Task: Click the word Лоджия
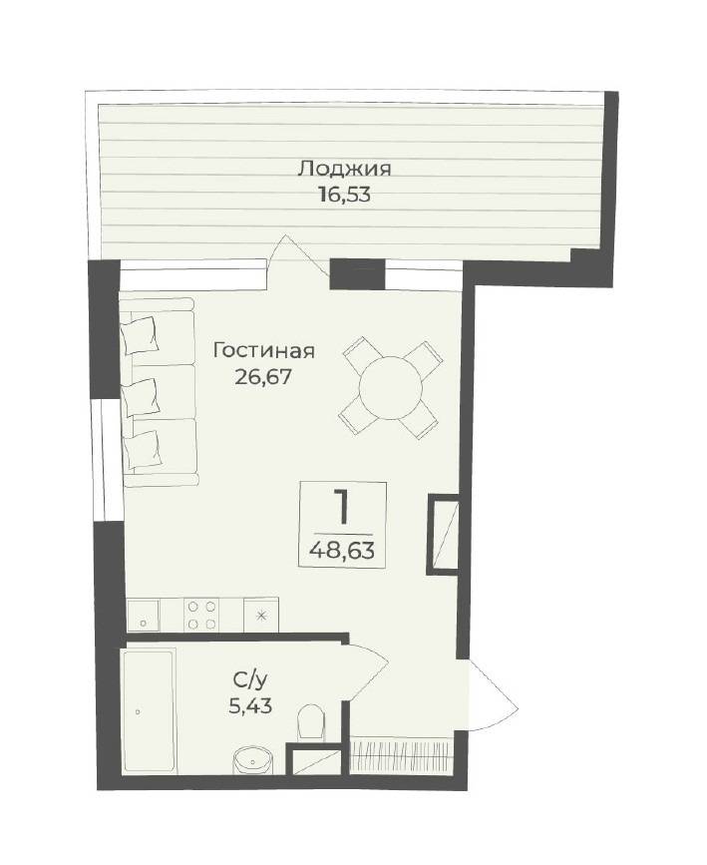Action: (x=344, y=168)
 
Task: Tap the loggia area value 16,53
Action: (x=344, y=195)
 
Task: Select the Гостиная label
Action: (x=264, y=350)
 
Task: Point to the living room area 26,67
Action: (x=262, y=377)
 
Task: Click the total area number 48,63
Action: (x=342, y=550)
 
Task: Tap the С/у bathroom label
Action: (x=250, y=681)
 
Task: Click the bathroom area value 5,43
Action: (x=250, y=706)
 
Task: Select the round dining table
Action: (x=391, y=388)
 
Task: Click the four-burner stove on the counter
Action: (x=201, y=616)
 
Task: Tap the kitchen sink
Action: (x=144, y=616)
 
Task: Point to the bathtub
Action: (x=150, y=712)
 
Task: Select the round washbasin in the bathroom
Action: (x=253, y=762)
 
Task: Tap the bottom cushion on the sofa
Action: (x=143, y=449)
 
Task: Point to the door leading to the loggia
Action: (x=299, y=256)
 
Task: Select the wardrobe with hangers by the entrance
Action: (x=402, y=755)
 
